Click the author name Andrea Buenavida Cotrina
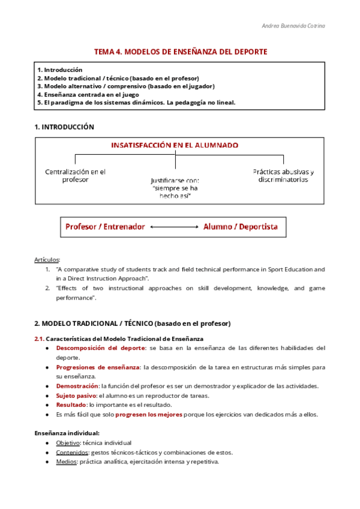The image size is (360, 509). [x=294, y=26]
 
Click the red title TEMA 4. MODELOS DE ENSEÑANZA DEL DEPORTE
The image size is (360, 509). [x=180, y=52]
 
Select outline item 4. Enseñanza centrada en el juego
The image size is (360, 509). [x=88, y=94]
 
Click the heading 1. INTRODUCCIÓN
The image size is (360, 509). [x=64, y=127]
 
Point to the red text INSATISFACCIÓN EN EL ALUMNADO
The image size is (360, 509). [x=175, y=145]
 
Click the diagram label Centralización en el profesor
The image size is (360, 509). [x=76, y=175]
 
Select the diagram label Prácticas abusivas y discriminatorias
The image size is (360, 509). [x=283, y=175]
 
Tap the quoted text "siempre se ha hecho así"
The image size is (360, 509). [x=175, y=193]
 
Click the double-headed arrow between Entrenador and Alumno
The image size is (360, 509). [x=174, y=227]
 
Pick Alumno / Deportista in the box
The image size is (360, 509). [x=241, y=227]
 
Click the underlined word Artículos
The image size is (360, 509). [x=47, y=259]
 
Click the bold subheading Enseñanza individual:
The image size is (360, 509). [x=67, y=433]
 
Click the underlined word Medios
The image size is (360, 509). [x=67, y=462]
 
